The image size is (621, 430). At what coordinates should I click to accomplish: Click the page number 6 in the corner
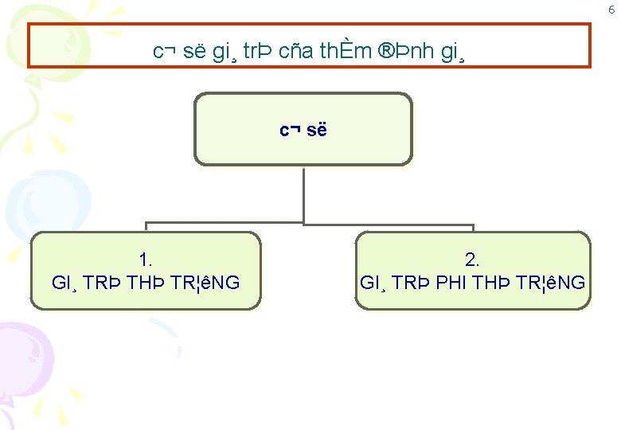611,10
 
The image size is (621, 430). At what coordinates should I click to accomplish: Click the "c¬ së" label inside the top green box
303,130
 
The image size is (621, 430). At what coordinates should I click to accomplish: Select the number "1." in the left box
146,260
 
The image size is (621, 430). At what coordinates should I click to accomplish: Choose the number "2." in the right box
472,260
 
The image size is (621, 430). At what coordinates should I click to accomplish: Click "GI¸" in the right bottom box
374,283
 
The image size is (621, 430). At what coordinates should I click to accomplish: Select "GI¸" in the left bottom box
65,283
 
